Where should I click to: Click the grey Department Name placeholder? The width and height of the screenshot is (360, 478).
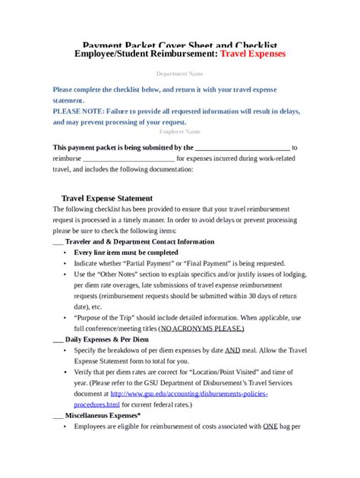[x=179, y=74]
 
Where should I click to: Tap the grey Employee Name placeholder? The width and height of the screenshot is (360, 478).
[x=179, y=131]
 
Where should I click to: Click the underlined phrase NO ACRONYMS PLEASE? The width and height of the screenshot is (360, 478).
[x=201, y=329]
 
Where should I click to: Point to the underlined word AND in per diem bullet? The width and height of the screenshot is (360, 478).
[x=232, y=351]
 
